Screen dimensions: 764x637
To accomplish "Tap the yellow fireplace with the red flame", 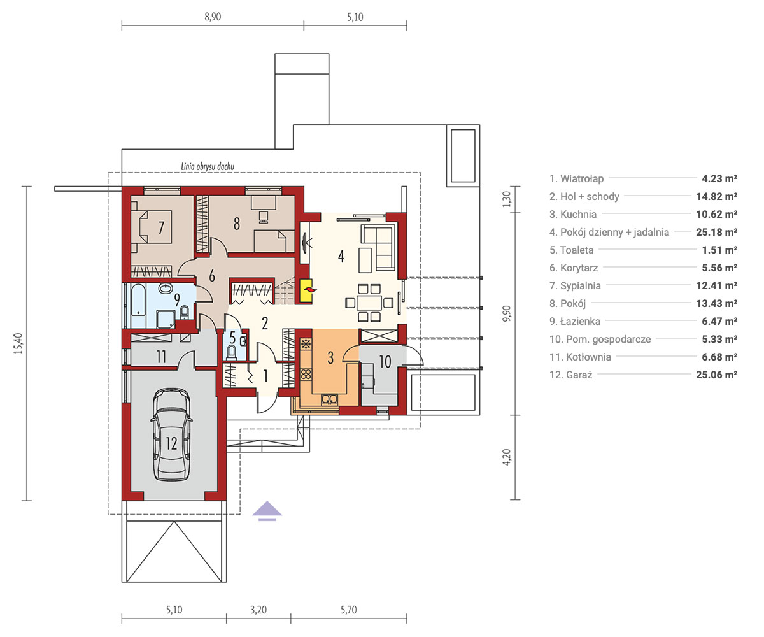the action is click(306, 290).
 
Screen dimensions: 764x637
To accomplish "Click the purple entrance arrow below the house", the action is click(267, 510).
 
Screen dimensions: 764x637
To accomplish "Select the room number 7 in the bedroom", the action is click(161, 227).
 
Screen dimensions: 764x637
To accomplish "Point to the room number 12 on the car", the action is click(172, 444).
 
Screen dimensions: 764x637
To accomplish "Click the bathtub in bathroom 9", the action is click(139, 299).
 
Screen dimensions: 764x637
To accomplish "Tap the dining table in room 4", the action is click(369, 303).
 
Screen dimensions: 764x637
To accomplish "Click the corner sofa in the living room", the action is click(378, 247).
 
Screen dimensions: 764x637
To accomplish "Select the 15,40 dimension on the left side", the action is click(18, 343).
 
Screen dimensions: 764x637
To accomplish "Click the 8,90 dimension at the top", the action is click(213, 17).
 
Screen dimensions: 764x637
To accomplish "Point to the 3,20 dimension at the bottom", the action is click(258, 610).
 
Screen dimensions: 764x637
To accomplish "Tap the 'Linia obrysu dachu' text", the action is click(208, 166).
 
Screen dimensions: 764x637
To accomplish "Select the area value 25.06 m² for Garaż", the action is click(716, 375).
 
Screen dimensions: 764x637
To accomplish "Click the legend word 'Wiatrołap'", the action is click(582, 178).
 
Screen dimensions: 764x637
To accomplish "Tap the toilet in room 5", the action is click(231, 352).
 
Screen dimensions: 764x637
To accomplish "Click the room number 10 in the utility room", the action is click(385, 362).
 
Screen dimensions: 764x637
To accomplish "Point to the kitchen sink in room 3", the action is click(329, 399).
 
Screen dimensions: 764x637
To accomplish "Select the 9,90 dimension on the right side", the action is click(507, 314).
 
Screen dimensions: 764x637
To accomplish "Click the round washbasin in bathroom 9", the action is click(166, 289).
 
